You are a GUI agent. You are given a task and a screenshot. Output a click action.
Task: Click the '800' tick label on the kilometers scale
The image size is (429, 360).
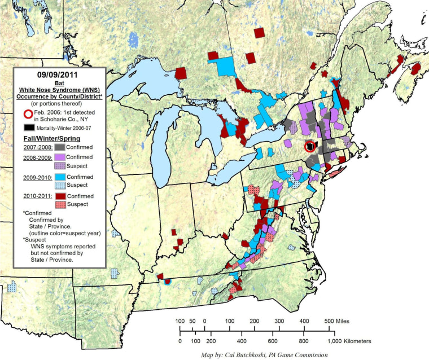tap(303, 341)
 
